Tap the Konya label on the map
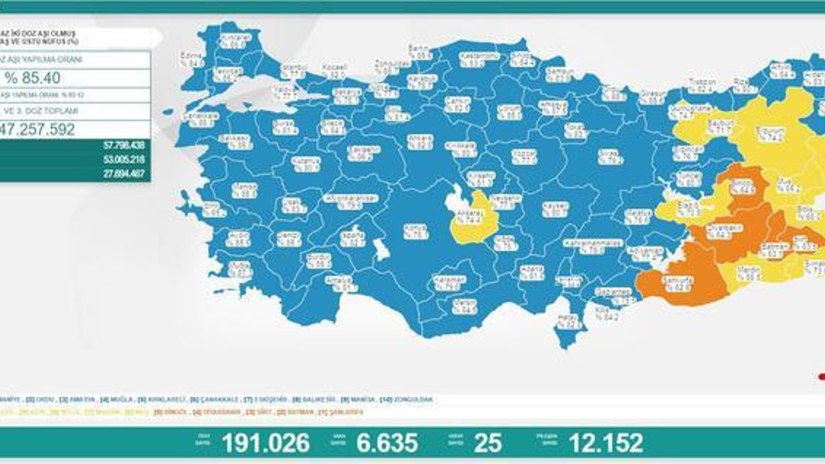[x=416, y=232]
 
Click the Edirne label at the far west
[x=192, y=60]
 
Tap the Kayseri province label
[x=554, y=209]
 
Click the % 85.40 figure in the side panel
[x=33, y=79]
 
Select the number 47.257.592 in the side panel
[x=39, y=130]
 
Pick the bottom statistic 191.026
[x=266, y=443]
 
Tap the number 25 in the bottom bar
[x=488, y=443]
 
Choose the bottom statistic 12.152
[x=605, y=443]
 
